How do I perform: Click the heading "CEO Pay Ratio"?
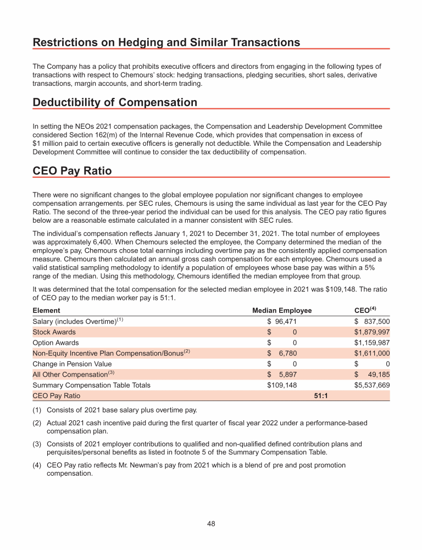[x=72, y=171]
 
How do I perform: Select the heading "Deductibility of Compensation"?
[x=115, y=103]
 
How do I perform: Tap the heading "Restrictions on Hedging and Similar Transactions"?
[x=166, y=42]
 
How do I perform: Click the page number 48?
[x=211, y=524]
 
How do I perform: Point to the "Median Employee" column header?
[x=282, y=310]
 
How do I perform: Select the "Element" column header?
[x=47, y=310]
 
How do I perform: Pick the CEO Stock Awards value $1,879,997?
[x=372, y=332]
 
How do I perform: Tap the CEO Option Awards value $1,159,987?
[x=372, y=343]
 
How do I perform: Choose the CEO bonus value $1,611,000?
[x=372, y=353]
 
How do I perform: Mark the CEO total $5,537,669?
[x=372, y=385]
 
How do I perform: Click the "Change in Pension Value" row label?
[x=72, y=364]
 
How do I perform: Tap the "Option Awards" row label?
[x=55, y=343]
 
